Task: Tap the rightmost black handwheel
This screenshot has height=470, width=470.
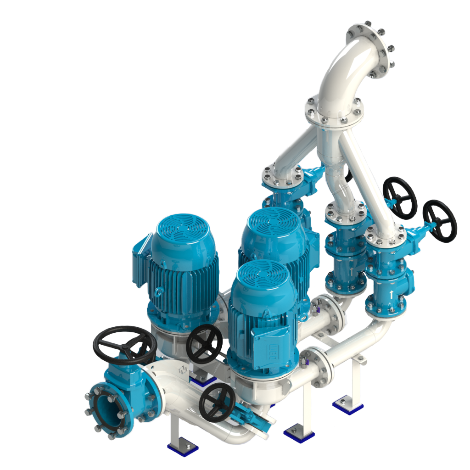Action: [x=439, y=221]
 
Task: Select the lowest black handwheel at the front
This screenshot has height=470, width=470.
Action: [x=217, y=402]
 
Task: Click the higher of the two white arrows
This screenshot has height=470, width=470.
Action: [x=351, y=272]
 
